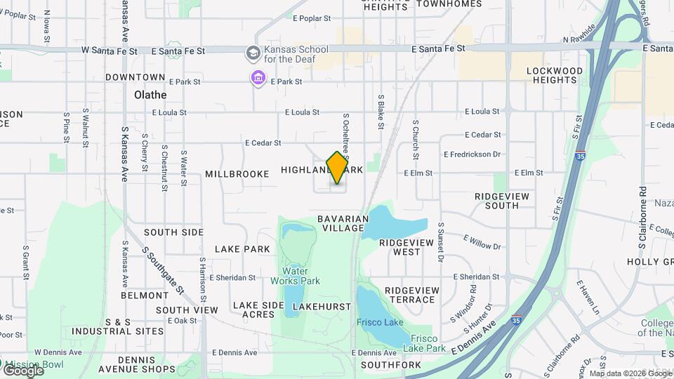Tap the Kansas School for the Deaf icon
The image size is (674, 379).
coord(252,53)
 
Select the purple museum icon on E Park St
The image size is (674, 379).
coord(258,77)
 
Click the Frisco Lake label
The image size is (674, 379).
coord(380,322)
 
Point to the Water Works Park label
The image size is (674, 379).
coord(301,276)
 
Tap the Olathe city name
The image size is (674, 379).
coord(150,95)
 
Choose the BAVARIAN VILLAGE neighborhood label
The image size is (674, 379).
coord(343,223)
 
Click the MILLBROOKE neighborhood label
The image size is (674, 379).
coord(237,173)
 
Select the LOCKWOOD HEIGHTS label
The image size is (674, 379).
coord(555,75)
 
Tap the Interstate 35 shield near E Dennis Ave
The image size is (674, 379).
coord(517,320)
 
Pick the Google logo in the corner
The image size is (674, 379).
coord(22,370)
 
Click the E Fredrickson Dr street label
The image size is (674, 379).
coord(472,154)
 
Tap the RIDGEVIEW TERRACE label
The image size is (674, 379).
coord(411,295)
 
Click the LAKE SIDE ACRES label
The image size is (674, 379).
coord(258,310)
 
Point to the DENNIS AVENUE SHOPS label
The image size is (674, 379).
coord(137,364)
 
